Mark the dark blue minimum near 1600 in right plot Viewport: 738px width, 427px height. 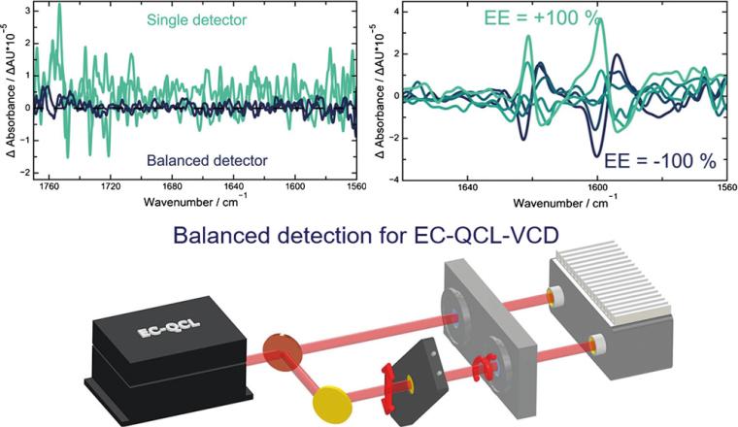pyautogui.click(x=595, y=154)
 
